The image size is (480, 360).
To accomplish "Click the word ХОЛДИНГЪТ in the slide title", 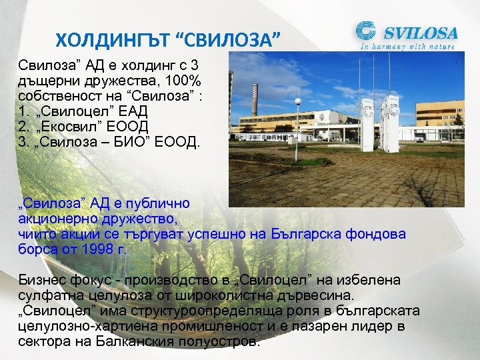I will (x=111, y=41).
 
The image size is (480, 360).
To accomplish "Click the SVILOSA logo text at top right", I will (x=419, y=32).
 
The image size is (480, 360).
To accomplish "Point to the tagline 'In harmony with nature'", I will (x=407, y=47).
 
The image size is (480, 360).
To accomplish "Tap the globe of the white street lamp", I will (x=297, y=102).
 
